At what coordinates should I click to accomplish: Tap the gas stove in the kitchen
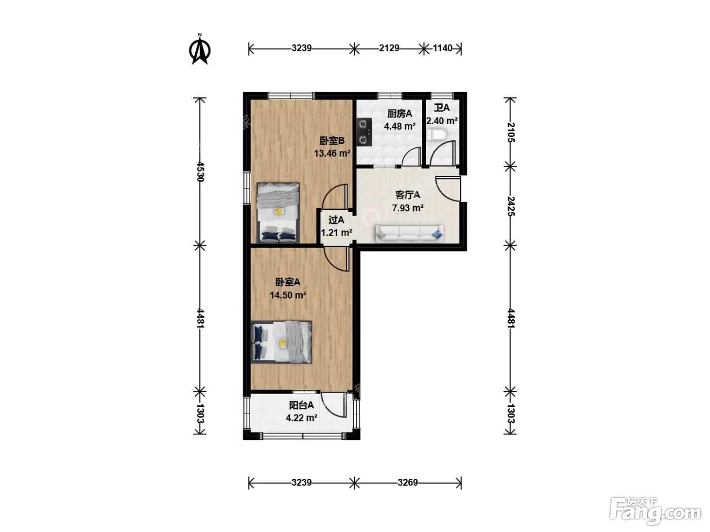(364, 132)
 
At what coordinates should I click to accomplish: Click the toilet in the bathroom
(436, 135)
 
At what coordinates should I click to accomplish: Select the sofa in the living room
(409, 233)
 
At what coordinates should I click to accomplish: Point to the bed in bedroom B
(278, 212)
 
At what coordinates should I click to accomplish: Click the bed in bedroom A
(281, 342)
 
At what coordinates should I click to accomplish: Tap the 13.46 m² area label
(332, 153)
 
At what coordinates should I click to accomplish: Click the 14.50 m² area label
(288, 295)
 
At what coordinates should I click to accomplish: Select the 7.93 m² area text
(408, 208)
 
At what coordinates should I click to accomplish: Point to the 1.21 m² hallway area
(336, 233)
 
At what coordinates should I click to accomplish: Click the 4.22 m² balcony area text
(301, 417)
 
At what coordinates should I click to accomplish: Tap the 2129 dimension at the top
(389, 48)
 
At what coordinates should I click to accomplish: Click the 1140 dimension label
(443, 48)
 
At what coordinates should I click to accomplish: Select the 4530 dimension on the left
(200, 172)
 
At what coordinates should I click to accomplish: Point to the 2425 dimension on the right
(510, 206)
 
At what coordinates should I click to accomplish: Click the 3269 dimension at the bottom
(408, 482)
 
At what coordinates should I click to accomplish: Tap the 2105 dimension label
(510, 132)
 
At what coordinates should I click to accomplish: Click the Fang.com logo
(655, 511)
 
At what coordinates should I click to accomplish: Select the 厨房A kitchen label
(400, 113)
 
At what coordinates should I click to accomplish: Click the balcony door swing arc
(330, 408)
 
